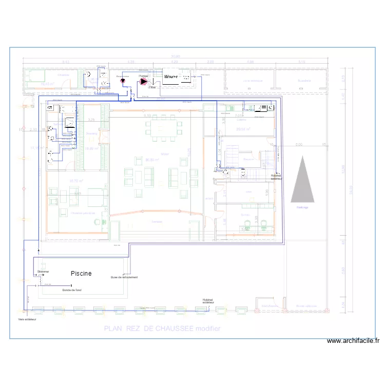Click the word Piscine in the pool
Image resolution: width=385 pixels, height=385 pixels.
click(81, 274)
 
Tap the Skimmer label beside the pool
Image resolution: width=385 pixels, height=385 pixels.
click(43, 271)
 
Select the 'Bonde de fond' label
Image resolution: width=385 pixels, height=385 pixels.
click(72, 290)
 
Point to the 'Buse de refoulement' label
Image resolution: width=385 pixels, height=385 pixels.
click(124, 277)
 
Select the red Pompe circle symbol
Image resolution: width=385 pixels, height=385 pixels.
click(144, 81)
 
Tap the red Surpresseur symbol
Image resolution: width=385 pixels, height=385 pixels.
click(122, 81)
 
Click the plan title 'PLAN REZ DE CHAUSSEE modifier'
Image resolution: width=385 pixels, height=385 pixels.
click(162, 329)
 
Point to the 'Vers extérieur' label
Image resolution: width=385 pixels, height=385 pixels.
click(28, 319)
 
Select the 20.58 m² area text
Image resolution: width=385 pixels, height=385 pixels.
click(243, 129)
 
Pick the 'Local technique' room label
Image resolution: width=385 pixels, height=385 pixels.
click(253, 81)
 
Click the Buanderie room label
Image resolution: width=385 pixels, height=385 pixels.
click(304, 81)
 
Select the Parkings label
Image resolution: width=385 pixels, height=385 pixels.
click(302, 207)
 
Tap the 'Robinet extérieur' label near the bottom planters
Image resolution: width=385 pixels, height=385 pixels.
click(208, 301)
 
